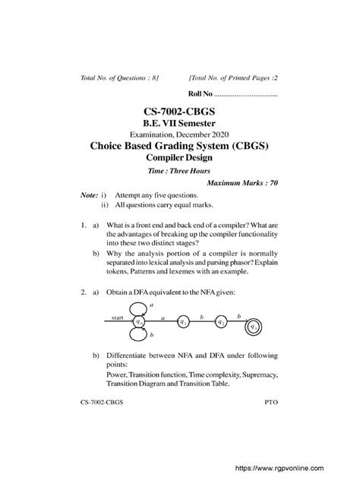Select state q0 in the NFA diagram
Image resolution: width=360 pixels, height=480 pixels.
pos(139,322)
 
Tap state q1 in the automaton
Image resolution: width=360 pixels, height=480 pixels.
pos(183,322)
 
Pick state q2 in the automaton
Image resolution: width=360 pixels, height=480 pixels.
pos(219,322)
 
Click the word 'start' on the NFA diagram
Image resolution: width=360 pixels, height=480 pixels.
pos(118,317)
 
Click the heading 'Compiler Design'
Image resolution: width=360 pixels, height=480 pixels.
pos(179,157)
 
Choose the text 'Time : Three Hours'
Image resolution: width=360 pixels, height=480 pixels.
pos(179,172)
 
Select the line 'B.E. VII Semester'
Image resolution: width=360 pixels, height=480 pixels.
pos(180,124)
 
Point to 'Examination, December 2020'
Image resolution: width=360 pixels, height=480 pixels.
pos(180,134)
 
